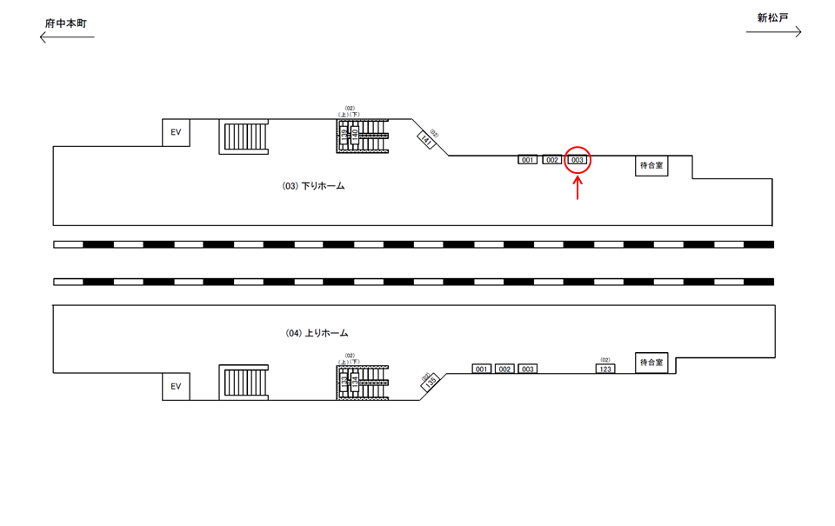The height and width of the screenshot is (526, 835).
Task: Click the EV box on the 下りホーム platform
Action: click(x=176, y=132)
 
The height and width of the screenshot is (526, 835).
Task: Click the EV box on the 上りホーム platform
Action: click(x=176, y=386)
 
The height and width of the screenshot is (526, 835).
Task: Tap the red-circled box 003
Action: click(x=578, y=160)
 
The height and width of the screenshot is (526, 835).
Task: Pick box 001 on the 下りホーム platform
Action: click(x=527, y=160)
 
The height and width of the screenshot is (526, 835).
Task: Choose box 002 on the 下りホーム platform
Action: click(x=552, y=160)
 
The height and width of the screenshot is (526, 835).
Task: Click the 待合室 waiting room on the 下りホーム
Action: click(x=651, y=165)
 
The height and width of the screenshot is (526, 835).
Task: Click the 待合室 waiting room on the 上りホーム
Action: click(x=651, y=362)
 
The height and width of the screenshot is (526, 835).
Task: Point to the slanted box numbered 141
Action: click(x=426, y=138)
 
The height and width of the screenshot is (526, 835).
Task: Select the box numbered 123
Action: click(x=606, y=369)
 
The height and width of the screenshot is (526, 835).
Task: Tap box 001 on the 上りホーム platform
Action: click(x=482, y=369)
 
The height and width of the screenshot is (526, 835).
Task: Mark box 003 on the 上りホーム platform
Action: click(x=527, y=369)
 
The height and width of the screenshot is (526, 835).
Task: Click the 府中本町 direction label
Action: click(x=66, y=21)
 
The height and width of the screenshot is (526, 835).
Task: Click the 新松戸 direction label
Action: click(x=772, y=17)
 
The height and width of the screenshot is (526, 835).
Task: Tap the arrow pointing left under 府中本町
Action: click(x=67, y=37)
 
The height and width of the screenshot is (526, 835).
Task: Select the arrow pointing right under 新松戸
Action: click(x=773, y=32)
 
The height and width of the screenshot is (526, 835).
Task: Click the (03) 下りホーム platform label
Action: click(x=313, y=185)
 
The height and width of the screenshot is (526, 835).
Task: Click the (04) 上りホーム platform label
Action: click(x=317, y=333)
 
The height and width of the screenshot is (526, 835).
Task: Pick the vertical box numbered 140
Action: click(x=355, y=133)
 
